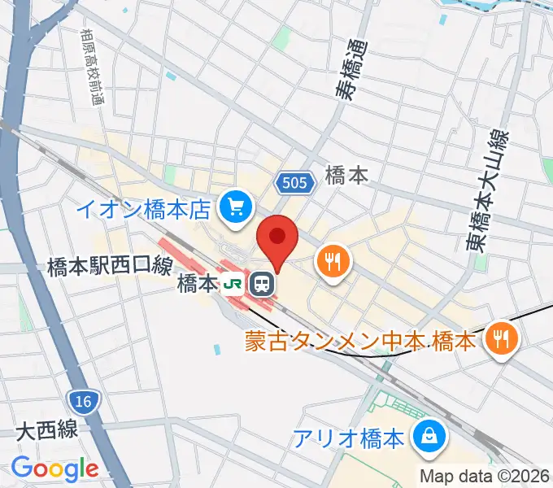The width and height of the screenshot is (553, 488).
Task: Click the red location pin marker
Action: pyautogui.click(x=277, y=238)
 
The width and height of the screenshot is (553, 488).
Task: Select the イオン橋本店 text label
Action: pyautogui.click(x=145, y=210)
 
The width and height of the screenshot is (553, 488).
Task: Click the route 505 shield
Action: pyautogui.click(x=294, y=183)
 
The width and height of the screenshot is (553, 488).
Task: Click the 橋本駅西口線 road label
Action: pyautogui.click(x=109, y=265)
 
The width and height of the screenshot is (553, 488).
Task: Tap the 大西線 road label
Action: pyautogui.click(x=47, y=429)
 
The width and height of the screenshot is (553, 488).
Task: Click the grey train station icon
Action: pyautogui.click(x=262, y=284)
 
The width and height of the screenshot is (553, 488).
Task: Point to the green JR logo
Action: pyautogui.click(x=234, y=284)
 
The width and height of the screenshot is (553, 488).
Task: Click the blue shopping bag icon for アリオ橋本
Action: pyautogui.click(x=427, y=438)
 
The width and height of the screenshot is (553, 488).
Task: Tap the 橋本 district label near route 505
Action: pyautogui.click(x=346, y=175)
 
